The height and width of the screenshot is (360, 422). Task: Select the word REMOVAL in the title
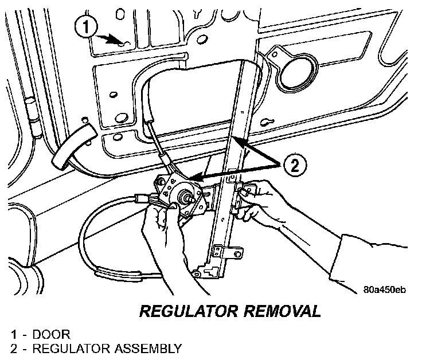[280, 311]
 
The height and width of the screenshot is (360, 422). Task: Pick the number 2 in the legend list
[13, 348]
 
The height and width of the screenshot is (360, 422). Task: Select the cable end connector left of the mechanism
[142, 200]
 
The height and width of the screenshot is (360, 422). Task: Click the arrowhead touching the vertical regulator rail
[237, 140]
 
